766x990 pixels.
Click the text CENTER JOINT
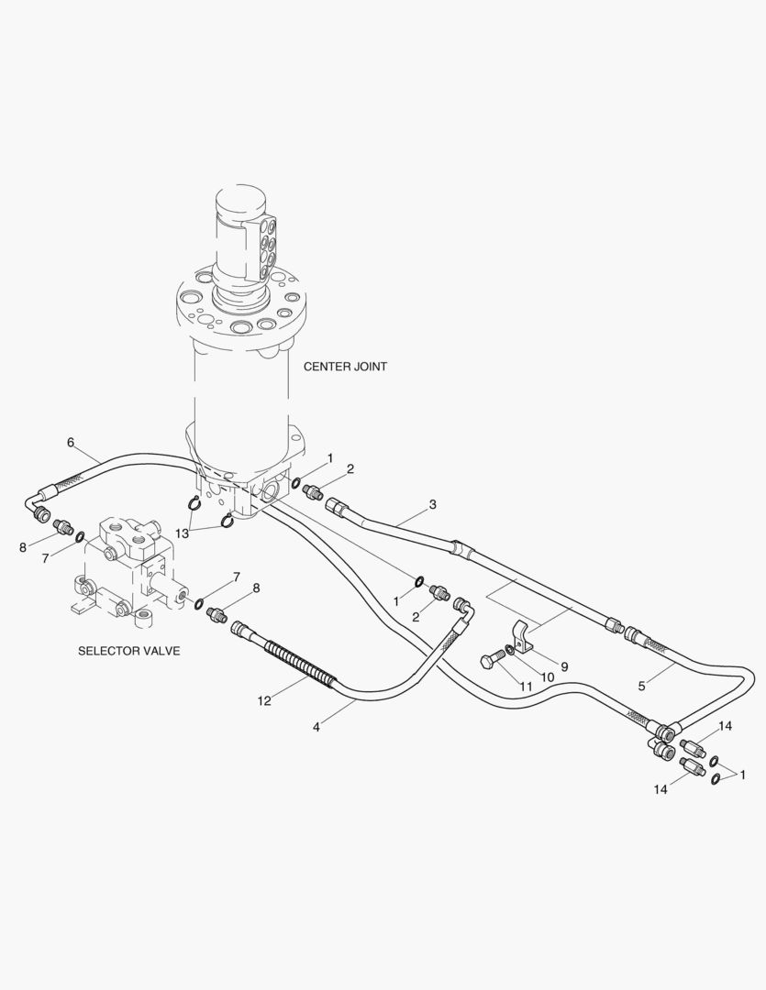pos(345,366)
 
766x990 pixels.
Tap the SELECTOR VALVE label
pos(129,650)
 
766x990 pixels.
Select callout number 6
pos(71,443)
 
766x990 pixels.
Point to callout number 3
pos(432,504)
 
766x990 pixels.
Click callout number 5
pos(641,686)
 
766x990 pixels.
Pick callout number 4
pos(316,727)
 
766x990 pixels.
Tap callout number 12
pos(264,701)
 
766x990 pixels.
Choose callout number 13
pos(182,533)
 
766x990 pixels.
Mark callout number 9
pos(564,666)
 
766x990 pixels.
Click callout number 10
pos(547,676)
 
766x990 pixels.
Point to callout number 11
pos(526,687)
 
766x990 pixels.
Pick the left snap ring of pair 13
pos(194,503)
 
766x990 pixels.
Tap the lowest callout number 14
pos(660,789)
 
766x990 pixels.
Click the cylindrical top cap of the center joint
pos(240,205)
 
